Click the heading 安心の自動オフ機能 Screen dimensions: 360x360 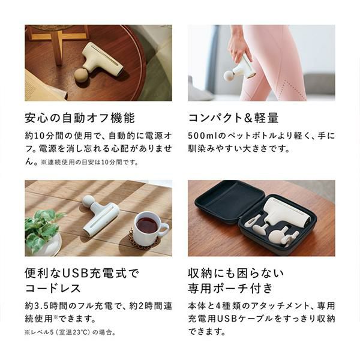tap(80, 118)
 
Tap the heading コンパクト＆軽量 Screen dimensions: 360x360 tap(233, 118)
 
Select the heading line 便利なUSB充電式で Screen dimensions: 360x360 tap(82, 273)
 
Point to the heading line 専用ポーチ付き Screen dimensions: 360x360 tap(230, 288)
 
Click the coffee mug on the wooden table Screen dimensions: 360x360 tap(151, 229)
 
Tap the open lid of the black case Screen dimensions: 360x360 tap(230, 202)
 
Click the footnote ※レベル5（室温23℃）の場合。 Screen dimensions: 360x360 tap(70, 332)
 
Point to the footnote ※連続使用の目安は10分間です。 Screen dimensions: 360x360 tap(90, 162)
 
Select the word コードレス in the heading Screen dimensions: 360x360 tap(53, 288)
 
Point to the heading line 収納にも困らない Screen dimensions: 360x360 tap(236, 273)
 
